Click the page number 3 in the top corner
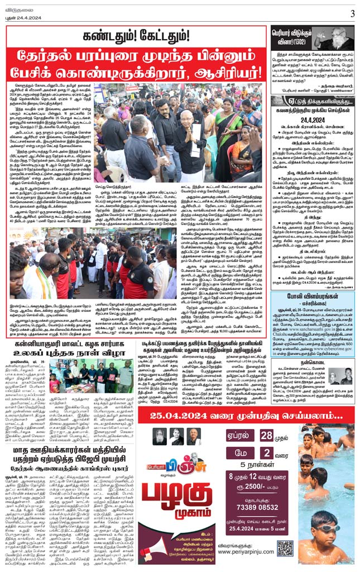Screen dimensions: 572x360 coord(352,13)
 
